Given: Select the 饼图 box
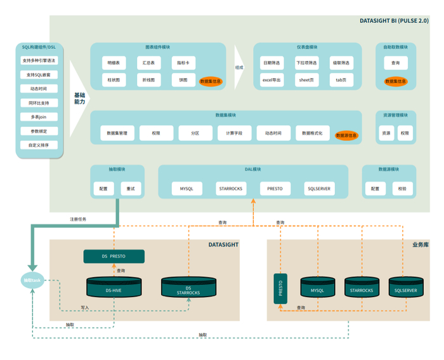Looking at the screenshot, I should pos(183,80).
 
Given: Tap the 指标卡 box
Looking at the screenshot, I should pos(183,63).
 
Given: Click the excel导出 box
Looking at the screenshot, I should pos(271,80).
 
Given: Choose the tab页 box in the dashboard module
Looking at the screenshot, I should pos(341,80).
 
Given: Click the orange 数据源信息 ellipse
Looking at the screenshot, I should pos(347,135).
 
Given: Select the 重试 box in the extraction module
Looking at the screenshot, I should pos(131,189).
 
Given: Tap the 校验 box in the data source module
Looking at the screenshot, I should pos(402,189).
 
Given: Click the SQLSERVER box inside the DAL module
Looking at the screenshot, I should pos(318,189).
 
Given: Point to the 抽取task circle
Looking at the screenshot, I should pos(32,279).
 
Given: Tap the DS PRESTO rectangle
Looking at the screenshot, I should pos(114,256).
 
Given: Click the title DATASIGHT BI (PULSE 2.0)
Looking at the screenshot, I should pos(394,21).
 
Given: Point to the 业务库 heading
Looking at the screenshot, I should pos(420,244).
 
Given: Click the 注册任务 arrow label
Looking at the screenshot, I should pos(78,219).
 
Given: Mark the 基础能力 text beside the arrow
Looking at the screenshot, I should pos(79,98).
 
